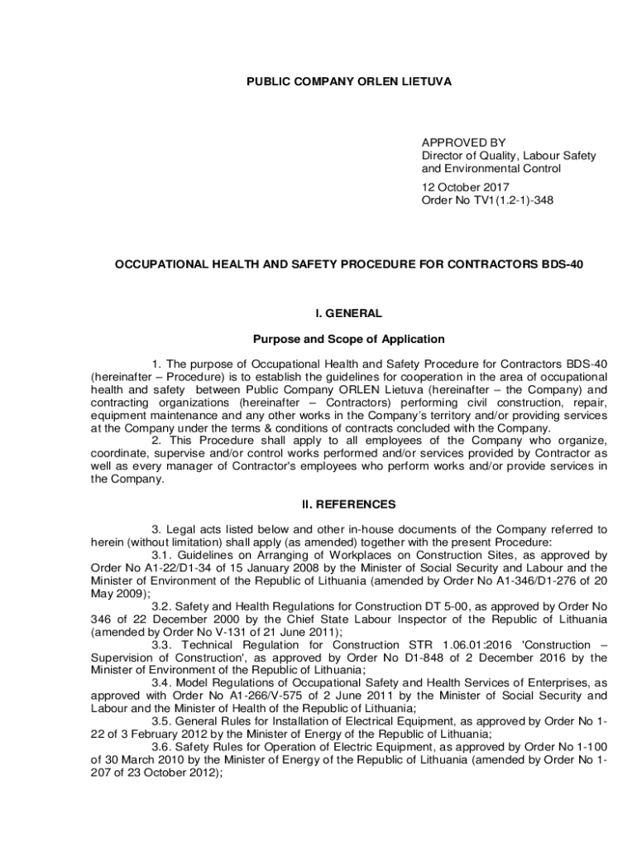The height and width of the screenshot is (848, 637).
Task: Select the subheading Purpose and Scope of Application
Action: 348,339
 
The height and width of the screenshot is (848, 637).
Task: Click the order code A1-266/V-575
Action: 274,696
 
